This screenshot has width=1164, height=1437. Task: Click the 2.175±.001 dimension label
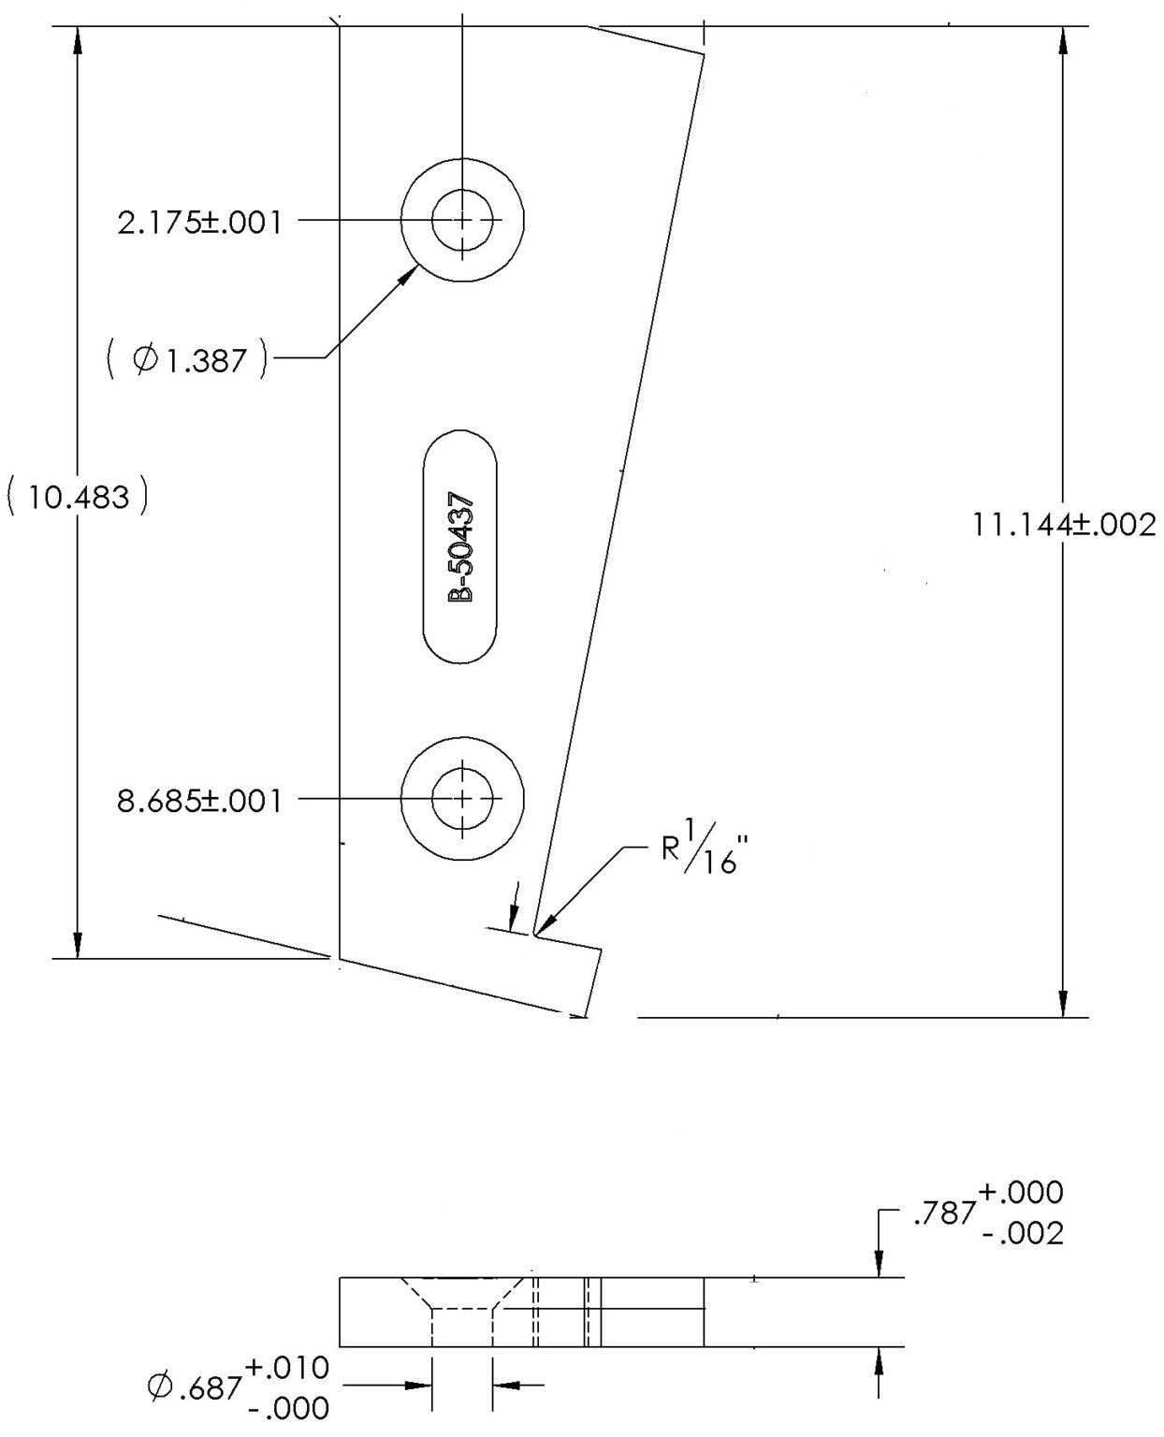199,222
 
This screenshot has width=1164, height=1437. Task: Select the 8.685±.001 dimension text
199,801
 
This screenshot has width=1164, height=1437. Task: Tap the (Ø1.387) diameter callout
187,359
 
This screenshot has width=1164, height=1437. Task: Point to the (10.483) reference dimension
78,497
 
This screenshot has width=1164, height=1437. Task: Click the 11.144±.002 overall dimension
1064,525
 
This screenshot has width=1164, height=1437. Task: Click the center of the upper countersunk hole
462,220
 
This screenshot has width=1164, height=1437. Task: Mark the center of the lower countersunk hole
462,798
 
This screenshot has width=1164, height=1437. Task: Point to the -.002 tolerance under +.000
1023,1235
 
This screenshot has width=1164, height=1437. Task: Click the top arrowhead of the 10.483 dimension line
78,39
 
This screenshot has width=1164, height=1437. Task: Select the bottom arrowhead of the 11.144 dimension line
1063,1005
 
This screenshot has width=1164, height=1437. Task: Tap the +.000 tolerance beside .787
1021,1192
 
